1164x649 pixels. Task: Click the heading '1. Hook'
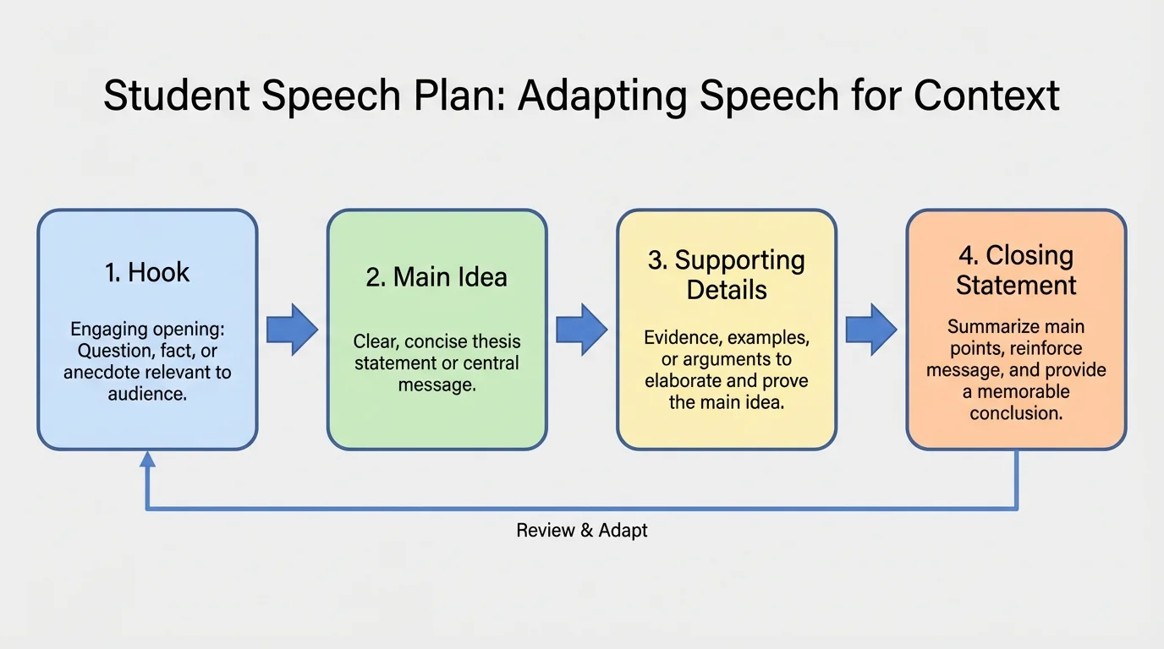click(x=147, y=272)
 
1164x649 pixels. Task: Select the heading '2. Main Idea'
click(x=436, y=277)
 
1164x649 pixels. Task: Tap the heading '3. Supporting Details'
click(x=726, y=275)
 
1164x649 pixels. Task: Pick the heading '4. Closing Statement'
click(x=1016, y=270)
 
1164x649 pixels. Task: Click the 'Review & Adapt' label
click(x=582, y=531)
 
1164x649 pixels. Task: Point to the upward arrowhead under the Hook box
click(x=147, y=459)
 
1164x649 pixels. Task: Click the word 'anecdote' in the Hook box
click(x=101, y=373)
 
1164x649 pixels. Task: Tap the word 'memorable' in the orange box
click(x=1024, y=392)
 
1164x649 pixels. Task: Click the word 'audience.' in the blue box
click(x=147, y=394)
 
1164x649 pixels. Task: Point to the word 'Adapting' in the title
click(x=601, y=95)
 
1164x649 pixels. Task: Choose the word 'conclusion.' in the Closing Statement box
click(x=1016, y=413)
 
